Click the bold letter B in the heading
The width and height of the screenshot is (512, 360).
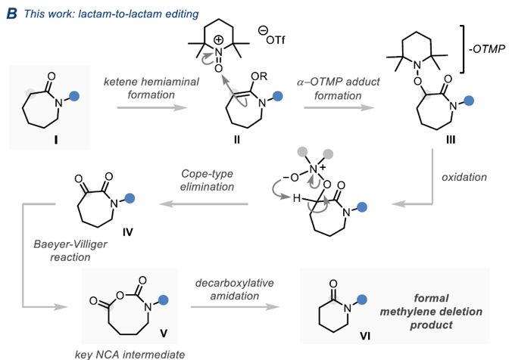tap(12, 14)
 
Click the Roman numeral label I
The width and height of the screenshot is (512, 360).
tap(56, 140)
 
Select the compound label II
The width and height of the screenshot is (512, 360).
tap(237, 140)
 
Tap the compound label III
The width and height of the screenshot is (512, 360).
tap(451, 140)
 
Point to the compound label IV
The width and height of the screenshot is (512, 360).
tap(128, 232)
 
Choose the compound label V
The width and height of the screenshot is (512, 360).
tap(164, 334)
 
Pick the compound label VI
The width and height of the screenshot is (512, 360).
tap(365, 336)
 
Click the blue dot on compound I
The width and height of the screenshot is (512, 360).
tap(74, 96)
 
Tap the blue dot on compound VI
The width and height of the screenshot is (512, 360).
tap(362, 299)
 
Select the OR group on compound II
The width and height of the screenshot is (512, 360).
tap(259, 76)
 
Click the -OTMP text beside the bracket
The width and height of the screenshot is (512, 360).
tap(487, 49)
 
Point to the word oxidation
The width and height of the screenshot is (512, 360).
tap(464, 177)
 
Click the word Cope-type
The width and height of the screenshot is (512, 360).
tap(207, 174)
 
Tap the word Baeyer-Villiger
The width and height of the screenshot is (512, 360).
tap(70, 244)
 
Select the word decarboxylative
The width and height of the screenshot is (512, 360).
tap(235, 283)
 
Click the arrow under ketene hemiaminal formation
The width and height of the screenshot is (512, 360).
tap(152, 107)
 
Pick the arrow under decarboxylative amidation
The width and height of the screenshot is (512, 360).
tap(235, 306)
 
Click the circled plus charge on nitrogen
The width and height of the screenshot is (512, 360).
tap(218, 40)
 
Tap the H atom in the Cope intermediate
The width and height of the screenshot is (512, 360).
tap(296, 198)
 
